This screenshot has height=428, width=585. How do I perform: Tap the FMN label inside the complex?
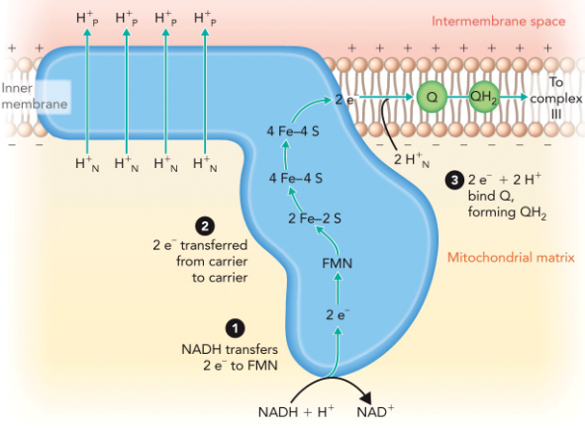coord(338,264)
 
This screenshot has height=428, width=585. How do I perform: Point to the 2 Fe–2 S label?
coord(315,217)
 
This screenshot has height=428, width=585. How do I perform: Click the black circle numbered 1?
coord(234,327)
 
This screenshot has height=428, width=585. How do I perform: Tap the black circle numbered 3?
coord(454,180)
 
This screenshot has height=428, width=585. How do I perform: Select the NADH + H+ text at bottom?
coord(295,410)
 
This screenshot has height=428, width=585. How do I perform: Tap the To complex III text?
coord(554,101)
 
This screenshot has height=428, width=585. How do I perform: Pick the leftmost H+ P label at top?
coord(87,19)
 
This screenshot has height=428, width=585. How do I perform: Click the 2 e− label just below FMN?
coord(338,315)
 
